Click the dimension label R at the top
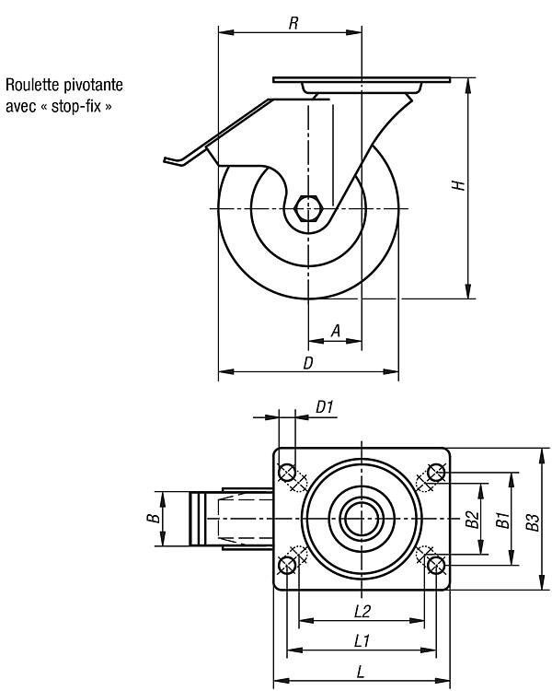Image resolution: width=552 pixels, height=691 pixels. (293, 23)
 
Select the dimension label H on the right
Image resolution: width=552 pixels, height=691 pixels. (459, 185)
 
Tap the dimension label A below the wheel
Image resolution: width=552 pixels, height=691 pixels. (336, 331)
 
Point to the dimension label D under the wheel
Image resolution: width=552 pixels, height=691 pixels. (308, 363)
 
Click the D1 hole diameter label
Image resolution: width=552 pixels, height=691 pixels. (325, 406)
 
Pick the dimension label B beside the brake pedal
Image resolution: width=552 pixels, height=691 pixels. (154, 518)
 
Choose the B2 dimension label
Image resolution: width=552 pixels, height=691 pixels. (472, 519)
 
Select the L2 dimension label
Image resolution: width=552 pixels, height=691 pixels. (362, 611)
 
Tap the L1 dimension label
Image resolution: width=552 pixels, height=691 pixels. (362, 640)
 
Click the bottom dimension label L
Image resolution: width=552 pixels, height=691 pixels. (361, 672)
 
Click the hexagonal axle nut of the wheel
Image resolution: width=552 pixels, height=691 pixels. (308, 207)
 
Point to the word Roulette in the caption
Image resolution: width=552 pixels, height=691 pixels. (33, 85)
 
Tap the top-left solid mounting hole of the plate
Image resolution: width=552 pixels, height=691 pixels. (287, 473)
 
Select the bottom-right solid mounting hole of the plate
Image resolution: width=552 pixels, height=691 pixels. (436, 565)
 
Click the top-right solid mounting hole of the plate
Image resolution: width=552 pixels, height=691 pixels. (436, 473)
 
